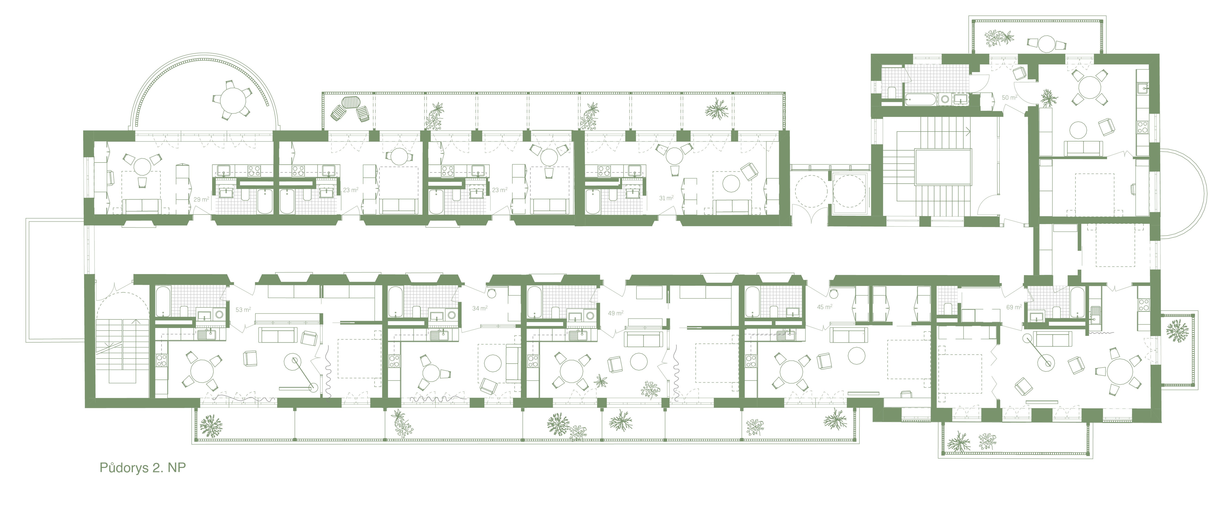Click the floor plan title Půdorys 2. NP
(x=143, y=468)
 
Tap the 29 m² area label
(x=201, y=199)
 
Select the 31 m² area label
(x=666, y=198)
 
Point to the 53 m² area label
(x=243, y=310)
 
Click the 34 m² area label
(x=480, y=308)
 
